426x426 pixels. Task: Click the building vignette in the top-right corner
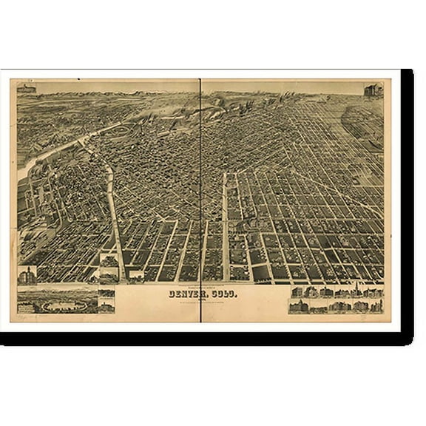(373, 91)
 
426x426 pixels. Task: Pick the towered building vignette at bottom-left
(27, 276)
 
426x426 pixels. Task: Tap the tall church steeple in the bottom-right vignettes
(354, 290)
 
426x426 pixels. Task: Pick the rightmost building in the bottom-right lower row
(376, 305)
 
